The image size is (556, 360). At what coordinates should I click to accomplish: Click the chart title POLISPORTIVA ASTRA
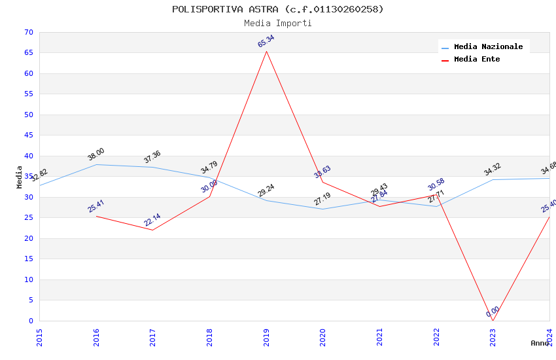pyautogui.click(x=278, y=9)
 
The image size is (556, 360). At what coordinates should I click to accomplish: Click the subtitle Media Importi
pyautogui.click(x=278, y=23)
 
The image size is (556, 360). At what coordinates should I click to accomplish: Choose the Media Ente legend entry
pyautogui.click(x=477, y=60)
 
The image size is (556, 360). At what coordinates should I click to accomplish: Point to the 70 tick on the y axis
pyautogui.click(x=27, y=32)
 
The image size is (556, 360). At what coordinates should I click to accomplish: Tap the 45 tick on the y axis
pyautogui.click(x=27, y=135)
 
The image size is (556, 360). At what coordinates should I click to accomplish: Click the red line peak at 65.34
pyautogui.click(x=266, y=51)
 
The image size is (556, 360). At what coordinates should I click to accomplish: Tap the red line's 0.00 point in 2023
pyautogui.click(x=493, y=321)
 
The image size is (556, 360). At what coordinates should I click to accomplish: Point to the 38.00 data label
pyautogui.click(x=96, y=154)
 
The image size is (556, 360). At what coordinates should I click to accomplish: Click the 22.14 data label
pyautogui.click(x=152, y=220)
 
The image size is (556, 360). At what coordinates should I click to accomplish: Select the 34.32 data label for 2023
pyautogui.click(x=493, y=170)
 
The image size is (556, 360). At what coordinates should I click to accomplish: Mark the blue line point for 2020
pyautogui.click(x=323, y=209)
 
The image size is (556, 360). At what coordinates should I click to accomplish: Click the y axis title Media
pyautogui.click(x=19, y=177)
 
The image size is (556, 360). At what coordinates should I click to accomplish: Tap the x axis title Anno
pyautogui.click(x=540, y=343)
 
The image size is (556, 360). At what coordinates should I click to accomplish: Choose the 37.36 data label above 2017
pyautogui.click(x=152, y=157)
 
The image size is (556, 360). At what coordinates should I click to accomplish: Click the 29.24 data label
pyautogui.click(x=266, y=190)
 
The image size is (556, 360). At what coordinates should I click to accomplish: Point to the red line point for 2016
pyautogui.click(x=96, y=216)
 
